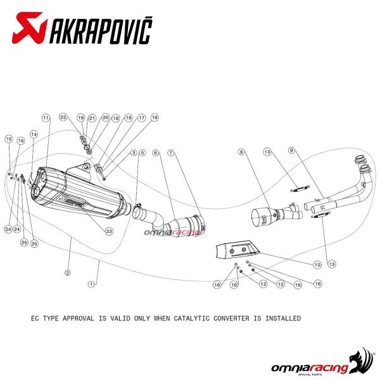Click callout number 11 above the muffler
click(46, 118)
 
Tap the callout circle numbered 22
click(63, 118)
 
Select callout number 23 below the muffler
click(109, 231)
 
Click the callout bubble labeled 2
click(67, 272)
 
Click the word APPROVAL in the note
click(95, 318)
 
